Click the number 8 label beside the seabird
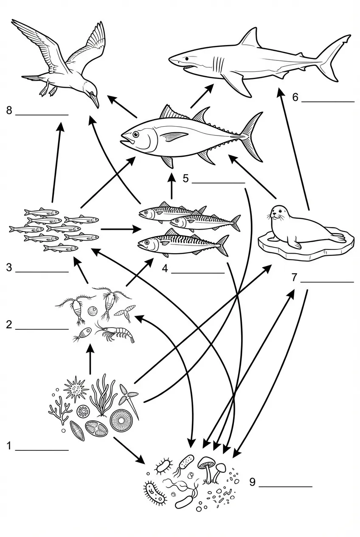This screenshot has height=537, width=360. [9, 111]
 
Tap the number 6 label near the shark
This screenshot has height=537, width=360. [295, 97]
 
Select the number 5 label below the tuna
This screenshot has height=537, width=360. [186, 178]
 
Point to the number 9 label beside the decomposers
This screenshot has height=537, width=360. [252, 482]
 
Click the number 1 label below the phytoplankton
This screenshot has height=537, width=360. [9, 446]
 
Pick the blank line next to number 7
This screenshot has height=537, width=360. [327, 282]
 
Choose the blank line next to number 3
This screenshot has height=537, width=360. [42, 271]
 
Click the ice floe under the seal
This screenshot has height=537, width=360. [306, 249]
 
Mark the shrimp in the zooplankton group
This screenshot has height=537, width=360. [118, 333]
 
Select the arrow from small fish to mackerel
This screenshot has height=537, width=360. [121, 229]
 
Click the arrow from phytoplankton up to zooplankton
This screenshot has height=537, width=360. [90, 359]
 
